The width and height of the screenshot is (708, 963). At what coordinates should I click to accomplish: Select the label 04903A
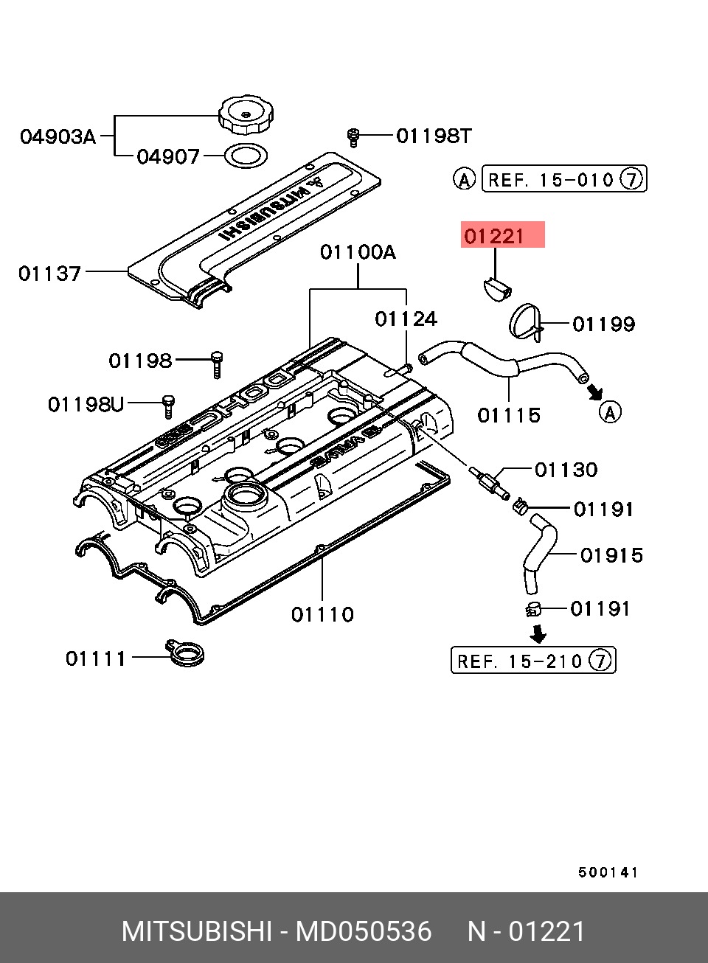coord(58,136)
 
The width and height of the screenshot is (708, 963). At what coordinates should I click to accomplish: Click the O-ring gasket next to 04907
coord(245,156)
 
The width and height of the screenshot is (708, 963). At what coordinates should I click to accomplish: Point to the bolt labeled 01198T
coord(353,136)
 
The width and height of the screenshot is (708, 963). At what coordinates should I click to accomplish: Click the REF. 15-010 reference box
coord(563,179)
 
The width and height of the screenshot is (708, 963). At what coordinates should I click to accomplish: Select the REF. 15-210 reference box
coord(532,661)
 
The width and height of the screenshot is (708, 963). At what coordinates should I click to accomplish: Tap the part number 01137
coord(49,274)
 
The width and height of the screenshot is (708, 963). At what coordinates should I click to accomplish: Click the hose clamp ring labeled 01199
coord(525,323)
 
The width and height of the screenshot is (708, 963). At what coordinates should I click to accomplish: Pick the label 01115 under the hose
coord(509,416)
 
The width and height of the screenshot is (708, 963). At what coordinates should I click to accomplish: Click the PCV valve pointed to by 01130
coord(488,482)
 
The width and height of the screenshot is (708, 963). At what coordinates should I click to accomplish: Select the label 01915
coord(611,555)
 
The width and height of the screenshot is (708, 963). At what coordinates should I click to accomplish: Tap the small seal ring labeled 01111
coord(184,653)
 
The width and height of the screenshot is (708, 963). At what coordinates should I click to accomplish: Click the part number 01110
coord(322,614)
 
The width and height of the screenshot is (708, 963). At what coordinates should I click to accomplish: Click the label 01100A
coord(358,253)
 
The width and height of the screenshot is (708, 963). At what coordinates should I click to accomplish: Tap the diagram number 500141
coord(608,872)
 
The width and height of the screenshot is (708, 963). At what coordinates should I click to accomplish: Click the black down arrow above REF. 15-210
coord(539,633)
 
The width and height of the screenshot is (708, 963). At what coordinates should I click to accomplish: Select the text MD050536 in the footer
coord(364,931)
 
